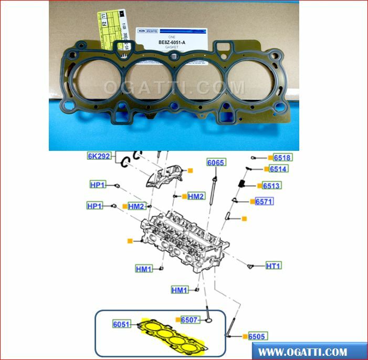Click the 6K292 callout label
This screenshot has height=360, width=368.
coord(100,156)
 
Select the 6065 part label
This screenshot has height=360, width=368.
coord(216,162)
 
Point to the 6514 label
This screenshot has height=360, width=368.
coord(279,169)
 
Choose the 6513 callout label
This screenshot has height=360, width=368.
coord(271,186)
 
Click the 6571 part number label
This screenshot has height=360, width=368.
coord(264,201)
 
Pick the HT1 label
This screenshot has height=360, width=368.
coord(273,266)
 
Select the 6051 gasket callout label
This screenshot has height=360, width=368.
coord(121,324)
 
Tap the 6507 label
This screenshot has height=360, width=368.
coord(190,320)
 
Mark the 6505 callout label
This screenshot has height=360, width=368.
coord(257,336)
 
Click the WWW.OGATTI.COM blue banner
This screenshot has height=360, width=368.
coord(309,352)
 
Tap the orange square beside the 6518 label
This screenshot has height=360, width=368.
coord(270,158)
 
